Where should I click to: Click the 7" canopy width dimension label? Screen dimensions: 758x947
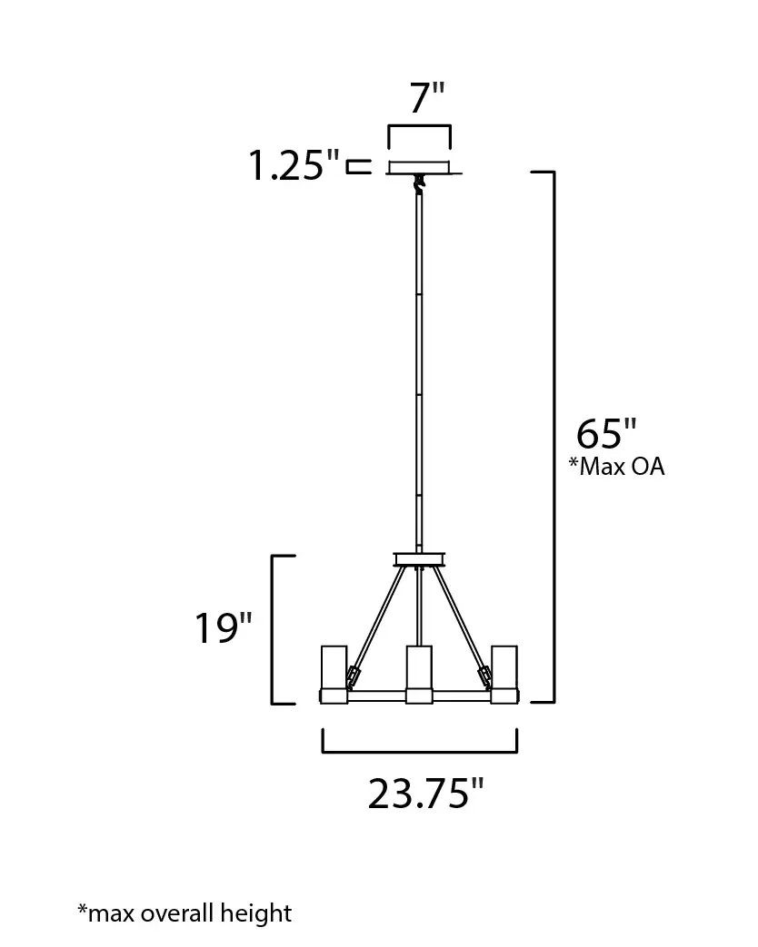click(x=427, y=98)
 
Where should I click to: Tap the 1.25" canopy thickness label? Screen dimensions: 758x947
click(x=294, y=164)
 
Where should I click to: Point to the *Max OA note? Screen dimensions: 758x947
click(x=616, y=467)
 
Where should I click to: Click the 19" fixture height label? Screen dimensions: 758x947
click(x=223, y=627)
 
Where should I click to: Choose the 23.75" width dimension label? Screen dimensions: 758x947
click(x=426, y=793)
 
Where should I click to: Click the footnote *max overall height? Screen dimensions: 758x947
click(x=185, y=913)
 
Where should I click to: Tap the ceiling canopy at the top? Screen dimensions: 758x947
click(x=420, y=167)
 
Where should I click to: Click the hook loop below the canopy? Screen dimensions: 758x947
click(x=418, y=183)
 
